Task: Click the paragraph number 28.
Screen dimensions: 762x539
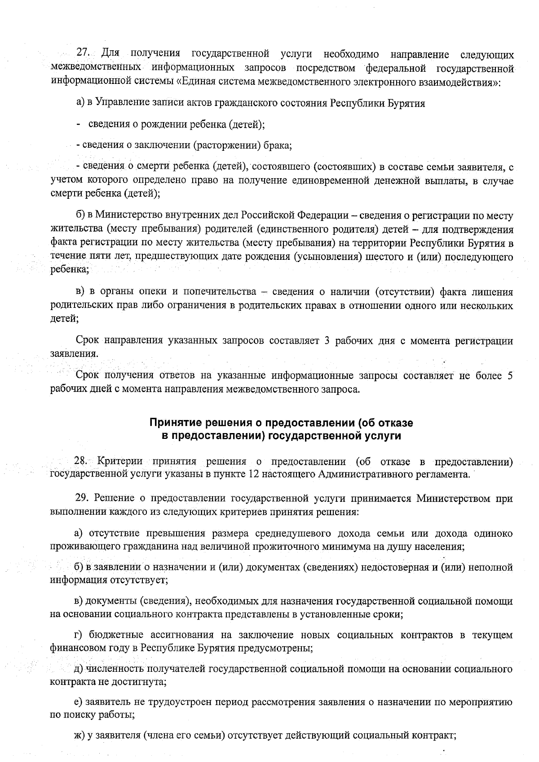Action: pos(81,461)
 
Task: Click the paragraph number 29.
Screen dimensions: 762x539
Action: pos(81,498)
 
